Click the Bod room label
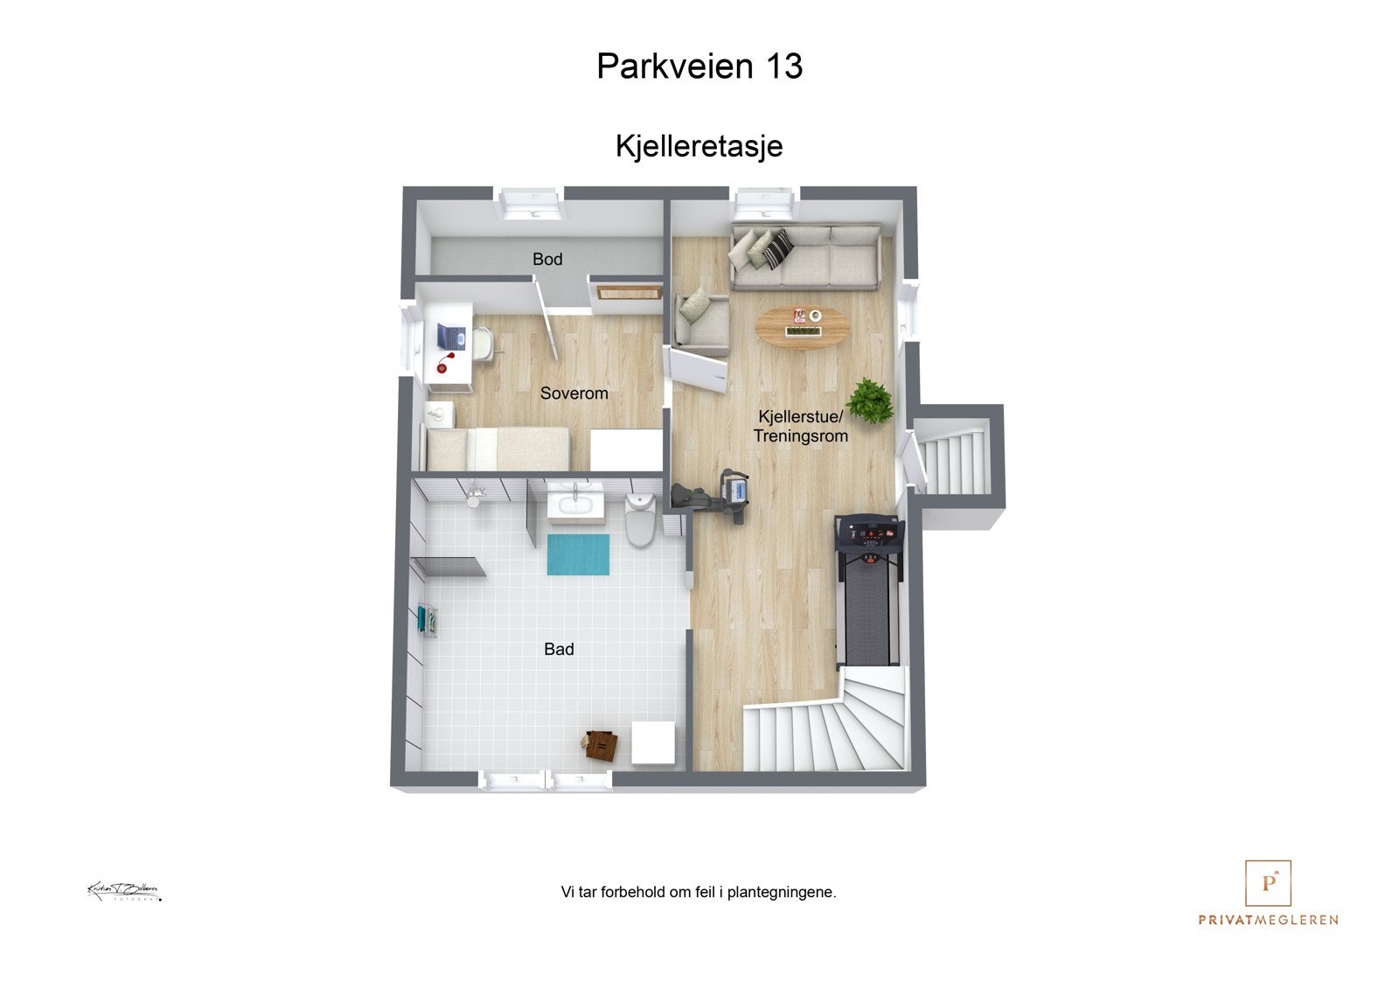pyautogui.click(x=547, y=259)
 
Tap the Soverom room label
pyautogui.click(x=574, y=394)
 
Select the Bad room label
pyautogui.click(x=559, y=649)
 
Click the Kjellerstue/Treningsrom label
pyautogui.click(x=800, y=426)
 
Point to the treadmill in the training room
pyautogui.click(x=868, y=590)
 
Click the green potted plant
pyautogui.click(x=870, y=400)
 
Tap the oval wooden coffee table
pyautogui.click(x=803, y=327)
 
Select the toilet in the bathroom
pyautogui.click(x=641, y=518)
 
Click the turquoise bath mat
pyautogui.click(x=578, y=554)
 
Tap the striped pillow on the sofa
pyautogui.click(x=776, y=247)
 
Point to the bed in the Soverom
pyautogui.click(x=497, y=448)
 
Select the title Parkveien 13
pyautogui.click(x=699, y=66)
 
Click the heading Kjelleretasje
pyautogui.click(x=699, y=146)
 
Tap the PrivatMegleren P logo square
pyautogui.click(x=1268, y=883)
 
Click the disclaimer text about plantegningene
pyautogui.click(x=699, y=892)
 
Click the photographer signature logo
pyautogui.click(x=123, y=891)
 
